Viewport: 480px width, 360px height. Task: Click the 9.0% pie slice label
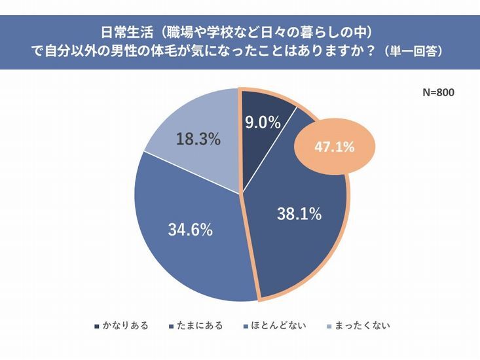(263, 122)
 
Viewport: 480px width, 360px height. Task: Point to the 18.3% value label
(198, 140)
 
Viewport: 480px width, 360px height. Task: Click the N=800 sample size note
(437, 92)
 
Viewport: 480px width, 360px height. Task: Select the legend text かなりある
(125, 325)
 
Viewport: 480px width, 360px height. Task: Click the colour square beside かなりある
(97, 325)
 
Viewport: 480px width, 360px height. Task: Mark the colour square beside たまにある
(173, 325)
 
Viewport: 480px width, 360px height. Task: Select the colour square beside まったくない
(329, 325)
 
